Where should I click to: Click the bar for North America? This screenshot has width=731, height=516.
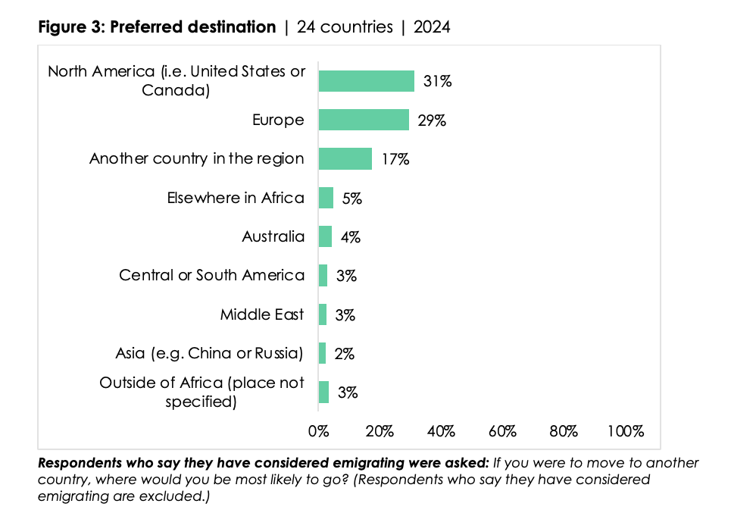point(367,81)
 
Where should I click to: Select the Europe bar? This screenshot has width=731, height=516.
point(364,120)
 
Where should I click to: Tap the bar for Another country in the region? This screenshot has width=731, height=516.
point(345,159)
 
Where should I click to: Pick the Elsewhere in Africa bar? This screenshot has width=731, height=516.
point(326,198)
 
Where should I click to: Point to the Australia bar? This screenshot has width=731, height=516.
point(325,236)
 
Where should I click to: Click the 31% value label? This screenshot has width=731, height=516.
point(437,81)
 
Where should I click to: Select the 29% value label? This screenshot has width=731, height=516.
point(432,120)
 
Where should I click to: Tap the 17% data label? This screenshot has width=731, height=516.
point(395,159)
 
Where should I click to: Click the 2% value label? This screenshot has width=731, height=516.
point(344,354)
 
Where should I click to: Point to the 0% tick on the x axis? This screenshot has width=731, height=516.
point(318,431)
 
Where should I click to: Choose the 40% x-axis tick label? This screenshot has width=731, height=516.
point(441,431)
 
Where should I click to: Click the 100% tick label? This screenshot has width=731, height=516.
point(625,431)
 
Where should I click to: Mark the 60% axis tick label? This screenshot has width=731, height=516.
point(502,431)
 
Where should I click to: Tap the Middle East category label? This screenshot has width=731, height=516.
point(262,314)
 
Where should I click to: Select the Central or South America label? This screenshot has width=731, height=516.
point(212,275)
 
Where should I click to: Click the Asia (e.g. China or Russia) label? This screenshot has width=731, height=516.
point(210,354)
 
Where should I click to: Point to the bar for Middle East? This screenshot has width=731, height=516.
point(323,314)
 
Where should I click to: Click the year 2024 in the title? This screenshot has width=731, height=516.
point(432,27)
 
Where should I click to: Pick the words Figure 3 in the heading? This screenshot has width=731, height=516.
point(70,27)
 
